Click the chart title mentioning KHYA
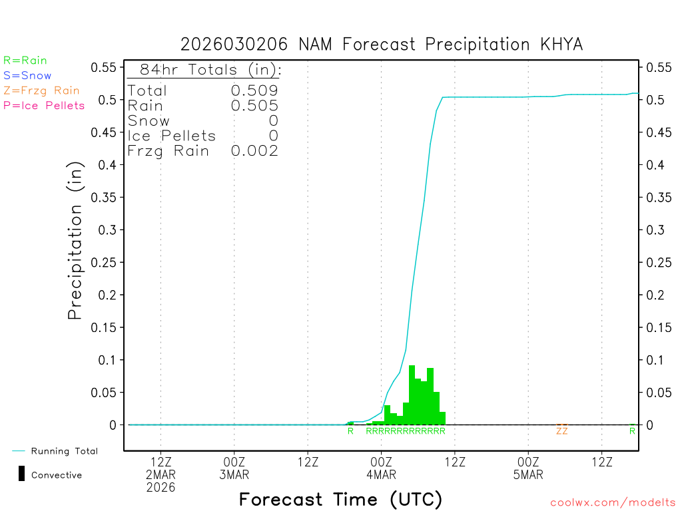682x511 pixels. click(382, 45)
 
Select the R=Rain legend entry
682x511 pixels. click(25, 61)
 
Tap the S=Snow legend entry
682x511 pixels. click(27, 76)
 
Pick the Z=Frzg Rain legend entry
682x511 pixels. click(41, 90)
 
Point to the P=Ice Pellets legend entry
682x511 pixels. click(44, 105)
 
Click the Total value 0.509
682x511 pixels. click(254, 90)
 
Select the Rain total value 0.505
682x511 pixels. click(254, 105)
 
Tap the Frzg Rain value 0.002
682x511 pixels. click(254, 151)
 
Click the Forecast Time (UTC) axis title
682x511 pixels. click(340, 499)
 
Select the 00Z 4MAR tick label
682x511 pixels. click(381, 468)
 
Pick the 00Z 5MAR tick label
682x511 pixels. click(528, 468)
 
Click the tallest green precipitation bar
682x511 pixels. click(412, 394)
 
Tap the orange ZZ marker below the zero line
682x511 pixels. click(562, 431)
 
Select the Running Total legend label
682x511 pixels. click(64, 451)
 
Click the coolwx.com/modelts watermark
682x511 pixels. click(613, 503)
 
